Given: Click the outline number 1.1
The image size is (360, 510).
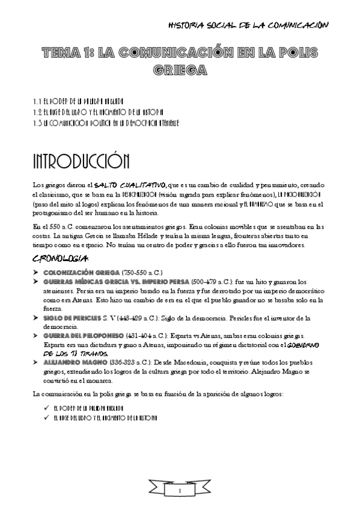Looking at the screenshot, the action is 37,100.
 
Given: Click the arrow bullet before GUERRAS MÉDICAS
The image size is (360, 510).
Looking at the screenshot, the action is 35,281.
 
